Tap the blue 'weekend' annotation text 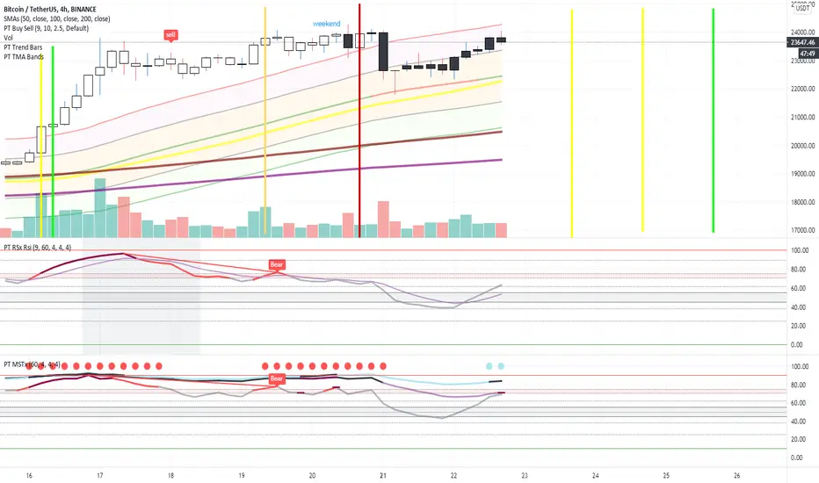326,22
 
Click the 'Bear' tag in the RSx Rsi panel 277,263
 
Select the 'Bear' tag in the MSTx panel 277,378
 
